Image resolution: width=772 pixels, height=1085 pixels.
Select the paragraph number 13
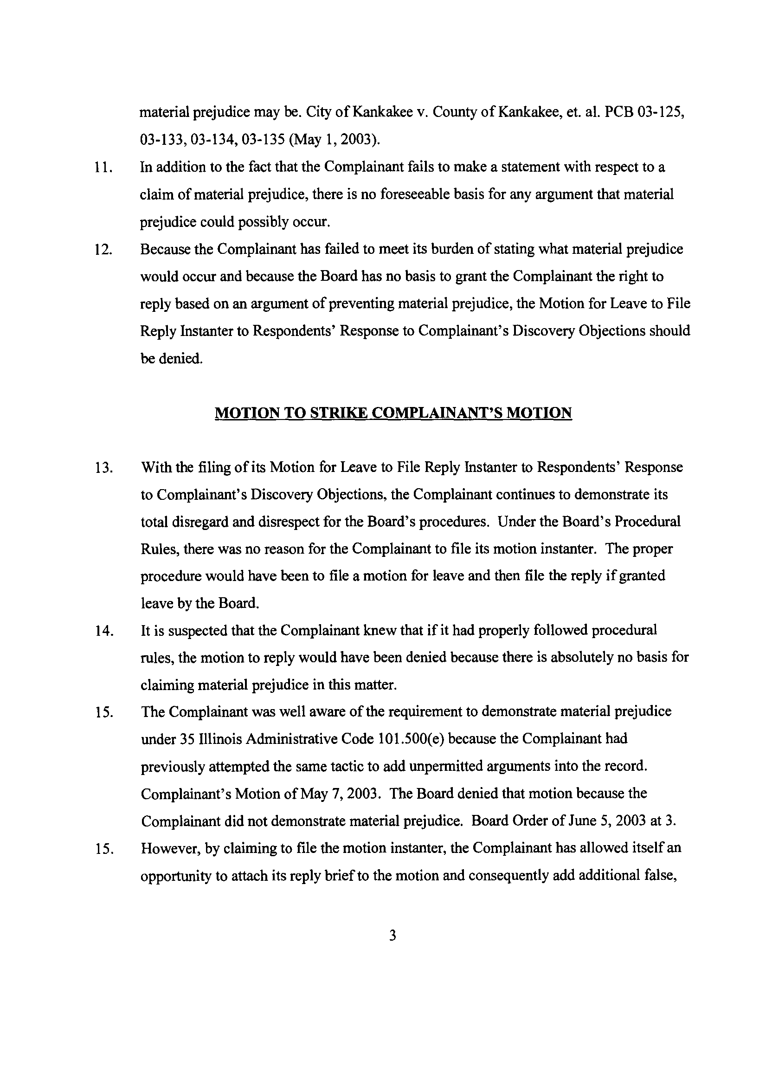point(103,468)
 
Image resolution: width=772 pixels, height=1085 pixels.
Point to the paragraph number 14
point(103,632)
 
